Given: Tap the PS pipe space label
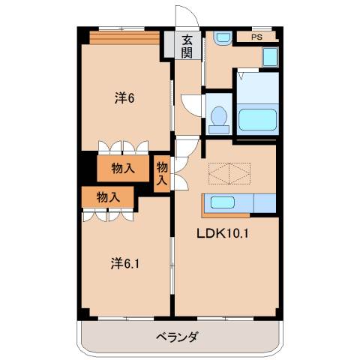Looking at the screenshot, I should point(256,36).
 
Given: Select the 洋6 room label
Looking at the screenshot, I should point(124,97).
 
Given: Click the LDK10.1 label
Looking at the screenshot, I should point(222,232).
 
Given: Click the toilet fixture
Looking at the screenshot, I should point(219,115).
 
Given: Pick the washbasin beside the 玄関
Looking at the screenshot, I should point(223,37).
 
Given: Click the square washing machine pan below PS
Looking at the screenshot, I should point(269,58).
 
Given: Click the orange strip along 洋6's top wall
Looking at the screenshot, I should point(124,36).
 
